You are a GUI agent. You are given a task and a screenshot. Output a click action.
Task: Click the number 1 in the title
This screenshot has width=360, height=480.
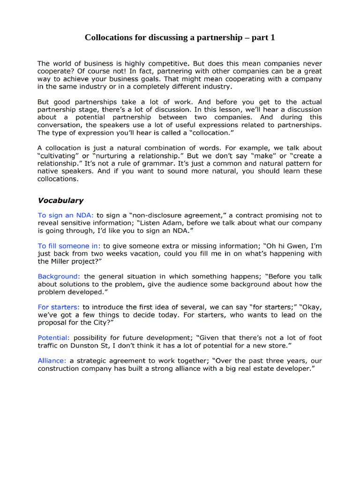pyautogui.click(x=272, y=37)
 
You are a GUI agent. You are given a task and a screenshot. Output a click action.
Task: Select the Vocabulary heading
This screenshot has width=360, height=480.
pyautogui.click(x=60, y=200)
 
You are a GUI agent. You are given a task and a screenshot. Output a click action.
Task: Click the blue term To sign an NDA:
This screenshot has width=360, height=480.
pyautogui.click(x=66, y=215)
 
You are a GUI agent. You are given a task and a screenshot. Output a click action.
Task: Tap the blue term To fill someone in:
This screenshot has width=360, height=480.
pyautogui.click(x=69, y=246)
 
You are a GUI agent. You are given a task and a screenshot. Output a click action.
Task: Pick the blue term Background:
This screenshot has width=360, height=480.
pyautogui.click(x=59, y=277)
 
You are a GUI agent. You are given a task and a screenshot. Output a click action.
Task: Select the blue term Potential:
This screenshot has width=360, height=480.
pyautogui.click(x=54, y=337)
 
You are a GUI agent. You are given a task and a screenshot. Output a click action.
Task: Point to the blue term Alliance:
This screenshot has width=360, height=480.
pyautogui.click(x=52, y=361)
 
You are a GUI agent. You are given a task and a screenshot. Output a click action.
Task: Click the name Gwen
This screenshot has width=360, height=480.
pyautogui.click(x=294, y=246)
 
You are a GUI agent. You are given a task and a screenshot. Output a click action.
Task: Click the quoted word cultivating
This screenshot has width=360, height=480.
pyautogui.click(x=59, y=156)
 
